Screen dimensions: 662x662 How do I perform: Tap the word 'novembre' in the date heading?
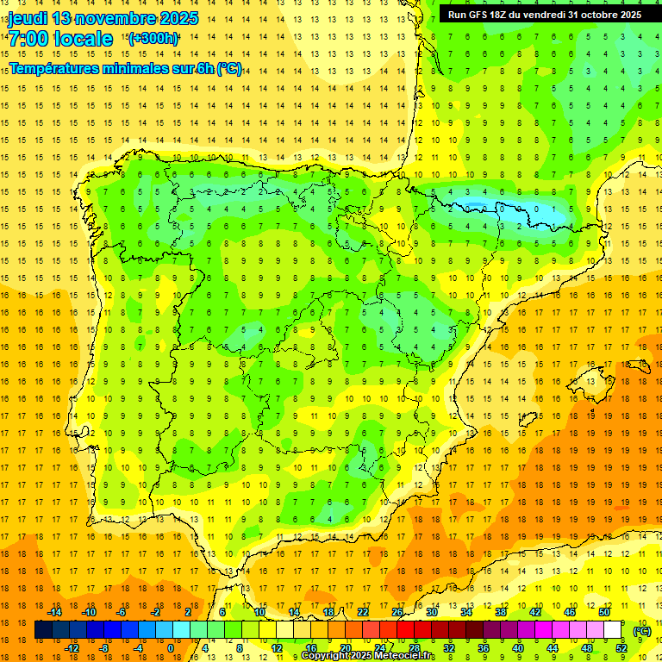tap(118, 18)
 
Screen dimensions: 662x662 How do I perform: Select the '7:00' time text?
tap(28, 39)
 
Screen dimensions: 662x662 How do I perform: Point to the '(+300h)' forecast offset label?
tap(153, 38)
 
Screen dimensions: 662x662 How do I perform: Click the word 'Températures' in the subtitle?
tap(58, 69)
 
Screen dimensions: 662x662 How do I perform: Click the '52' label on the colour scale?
tap(621, 648)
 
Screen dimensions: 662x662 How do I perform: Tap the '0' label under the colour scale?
tap(171, 648)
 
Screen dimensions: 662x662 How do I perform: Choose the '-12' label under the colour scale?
tap(72, 648)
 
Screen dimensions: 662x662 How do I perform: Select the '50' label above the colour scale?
tap(603, 612)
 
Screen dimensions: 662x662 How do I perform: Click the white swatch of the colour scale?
tap(613, 630)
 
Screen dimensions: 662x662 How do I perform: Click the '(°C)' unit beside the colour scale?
tap(642, 631)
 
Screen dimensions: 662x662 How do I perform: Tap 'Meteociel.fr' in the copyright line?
tap(404, 656)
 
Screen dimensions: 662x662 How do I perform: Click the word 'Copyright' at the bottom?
tap(325, 656)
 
